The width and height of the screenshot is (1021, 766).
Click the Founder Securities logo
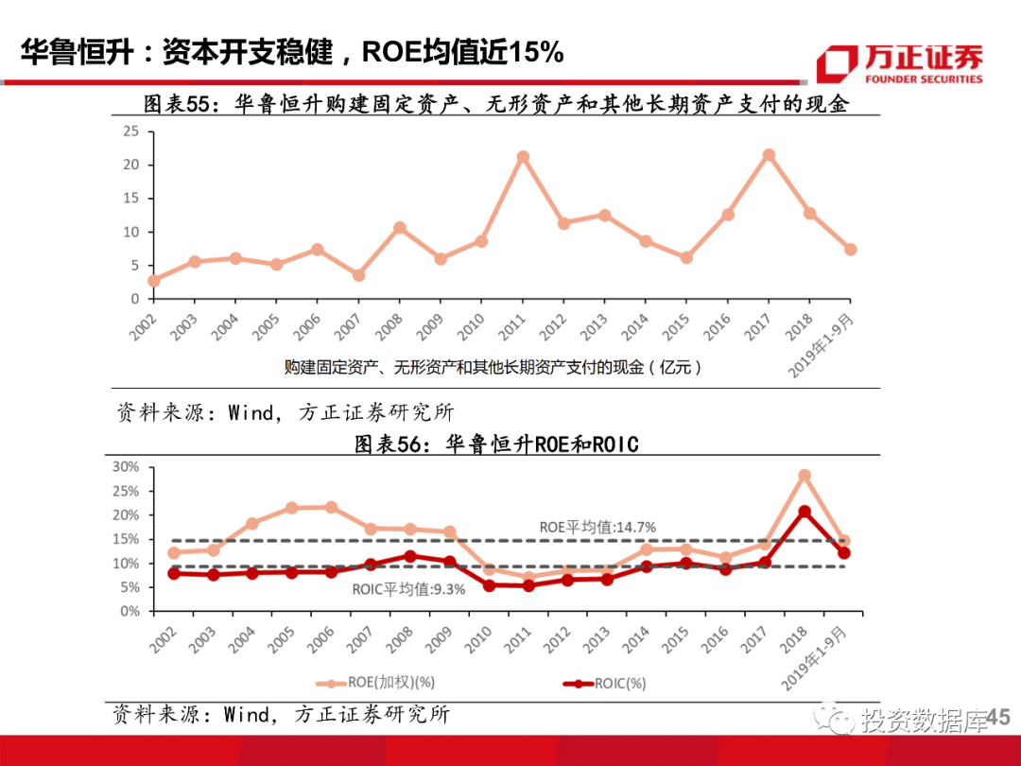tap(900, 63)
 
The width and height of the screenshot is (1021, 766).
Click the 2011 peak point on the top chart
tap(523, 157)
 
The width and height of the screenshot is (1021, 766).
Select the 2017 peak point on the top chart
tap(769, 154)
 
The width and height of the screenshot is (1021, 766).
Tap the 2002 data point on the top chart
tap(154, 280)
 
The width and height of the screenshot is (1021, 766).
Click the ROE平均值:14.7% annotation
tap(597, 527)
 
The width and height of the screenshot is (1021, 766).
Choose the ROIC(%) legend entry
tap(605, 682)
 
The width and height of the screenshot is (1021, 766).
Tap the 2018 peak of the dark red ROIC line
tap(804, 512)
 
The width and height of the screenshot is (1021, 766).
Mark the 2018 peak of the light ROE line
tap(804, 476)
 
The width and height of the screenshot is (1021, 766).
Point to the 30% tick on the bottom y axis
tap(126, 466)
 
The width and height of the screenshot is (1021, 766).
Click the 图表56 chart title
tap(495, 444)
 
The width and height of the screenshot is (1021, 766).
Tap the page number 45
tap(998, 720)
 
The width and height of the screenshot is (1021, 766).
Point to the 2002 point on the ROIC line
tap(173, 573)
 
